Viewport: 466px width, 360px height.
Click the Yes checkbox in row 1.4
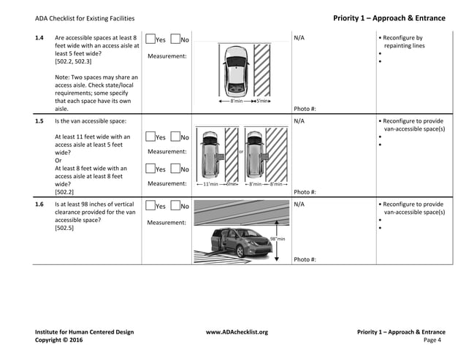pyautogui.click(x=150, y=39)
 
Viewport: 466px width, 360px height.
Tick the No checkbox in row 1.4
pyautogui.click(x=175, y=39)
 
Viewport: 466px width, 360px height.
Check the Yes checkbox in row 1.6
pyautogui.click(x=150, y=207)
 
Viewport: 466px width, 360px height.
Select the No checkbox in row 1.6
pyautogui.click(x=175, y=207)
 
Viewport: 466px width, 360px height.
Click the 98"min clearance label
pyautogui.click(x=277, y=239)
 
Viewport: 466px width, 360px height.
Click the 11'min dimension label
pyautogui.click(x=210, y=184)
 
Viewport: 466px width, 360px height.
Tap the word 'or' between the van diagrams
pyautogui.click(x=240, y=152)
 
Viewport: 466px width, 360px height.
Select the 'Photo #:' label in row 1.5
pyautogui.click(x=305, y=192)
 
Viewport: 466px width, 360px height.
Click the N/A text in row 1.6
pyautogui.click(x=299, y=204)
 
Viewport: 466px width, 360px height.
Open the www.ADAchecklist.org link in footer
pyautogui.click(x=237, y=332)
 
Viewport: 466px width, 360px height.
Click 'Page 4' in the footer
pyautogui.click(x=432, y=340)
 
